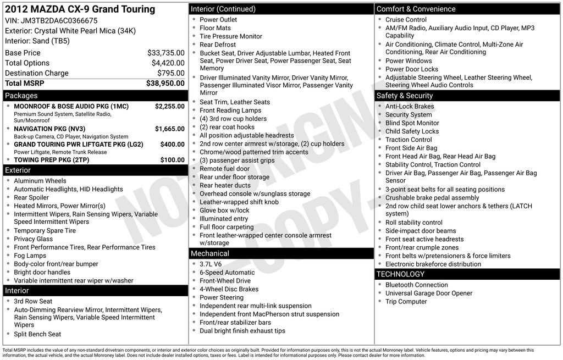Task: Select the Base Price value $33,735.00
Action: point(165,53)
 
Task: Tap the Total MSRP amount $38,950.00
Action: point(165,83)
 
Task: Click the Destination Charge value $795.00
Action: point(170,73)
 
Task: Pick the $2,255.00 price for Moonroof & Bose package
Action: point(169,106)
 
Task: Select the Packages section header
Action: point(21,96)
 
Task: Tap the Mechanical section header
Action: point(209,253)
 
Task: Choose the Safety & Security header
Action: point(405,96)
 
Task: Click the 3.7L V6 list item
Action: point(211,264)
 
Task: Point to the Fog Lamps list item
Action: point(30,256)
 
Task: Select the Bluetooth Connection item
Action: point(416,285)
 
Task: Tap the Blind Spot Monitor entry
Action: point(412,123)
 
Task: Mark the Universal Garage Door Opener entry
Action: point(429,293)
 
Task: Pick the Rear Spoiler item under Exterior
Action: point(31,197)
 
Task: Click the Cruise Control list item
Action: point(406,20)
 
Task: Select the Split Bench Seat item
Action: point(37,334)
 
